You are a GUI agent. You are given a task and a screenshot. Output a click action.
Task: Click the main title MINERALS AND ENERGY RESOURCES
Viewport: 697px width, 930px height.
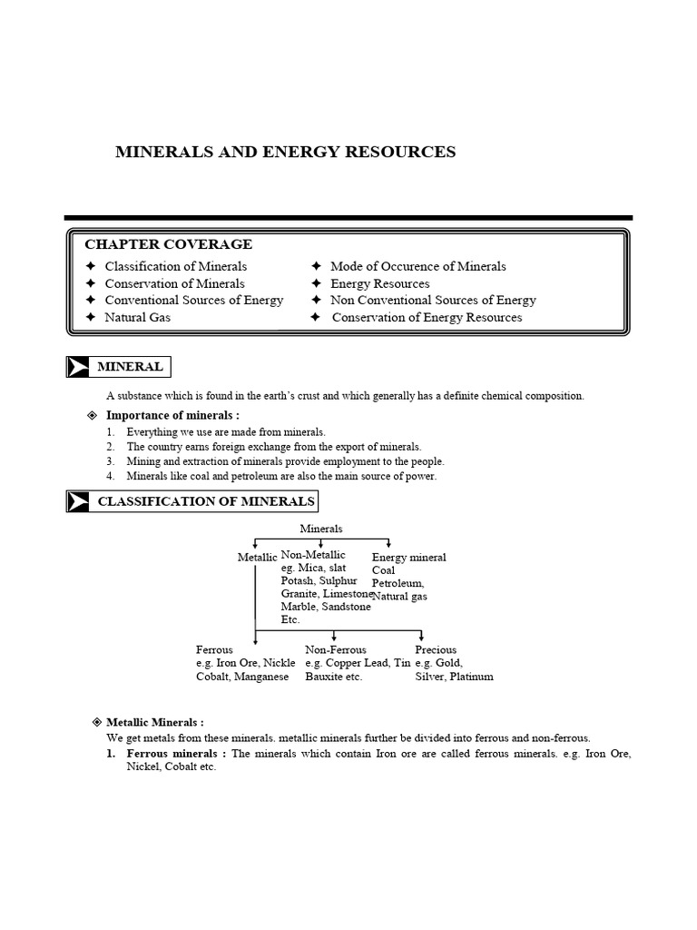pos(285,153)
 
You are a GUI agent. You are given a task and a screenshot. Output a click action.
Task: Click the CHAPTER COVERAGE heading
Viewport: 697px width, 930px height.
pos(168,244)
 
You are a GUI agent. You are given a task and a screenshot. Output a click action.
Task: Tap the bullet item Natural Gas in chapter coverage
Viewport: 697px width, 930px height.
pos(137,318)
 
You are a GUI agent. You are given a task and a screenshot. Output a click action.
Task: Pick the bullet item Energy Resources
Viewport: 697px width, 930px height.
pos(379,283)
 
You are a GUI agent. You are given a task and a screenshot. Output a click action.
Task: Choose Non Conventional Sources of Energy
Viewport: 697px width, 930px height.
pos(433,301)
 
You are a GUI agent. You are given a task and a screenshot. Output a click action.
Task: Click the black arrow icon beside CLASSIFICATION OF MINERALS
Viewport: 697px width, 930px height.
pos(78,501)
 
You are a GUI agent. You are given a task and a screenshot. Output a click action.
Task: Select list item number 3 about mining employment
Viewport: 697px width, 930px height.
pos(285,461)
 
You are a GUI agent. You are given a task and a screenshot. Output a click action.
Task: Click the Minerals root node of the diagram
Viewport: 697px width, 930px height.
pos(321,529)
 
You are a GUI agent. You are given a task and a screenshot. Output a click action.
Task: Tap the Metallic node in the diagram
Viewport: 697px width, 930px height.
pos(257,557)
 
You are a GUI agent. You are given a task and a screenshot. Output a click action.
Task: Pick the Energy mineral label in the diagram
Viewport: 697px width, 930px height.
pos(408,557)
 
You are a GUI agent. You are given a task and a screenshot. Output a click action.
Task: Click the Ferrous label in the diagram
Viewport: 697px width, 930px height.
pos(214,650)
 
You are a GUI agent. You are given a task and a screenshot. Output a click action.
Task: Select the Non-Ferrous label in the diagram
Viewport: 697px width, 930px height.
pos(336,650)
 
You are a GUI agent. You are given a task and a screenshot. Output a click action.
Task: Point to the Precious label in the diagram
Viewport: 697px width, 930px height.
pos(436,650)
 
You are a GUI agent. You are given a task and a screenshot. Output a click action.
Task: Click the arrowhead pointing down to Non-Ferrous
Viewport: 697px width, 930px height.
pos(335,638)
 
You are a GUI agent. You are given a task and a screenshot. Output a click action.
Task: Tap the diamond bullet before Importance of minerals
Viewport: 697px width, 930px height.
pos(91,415)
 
